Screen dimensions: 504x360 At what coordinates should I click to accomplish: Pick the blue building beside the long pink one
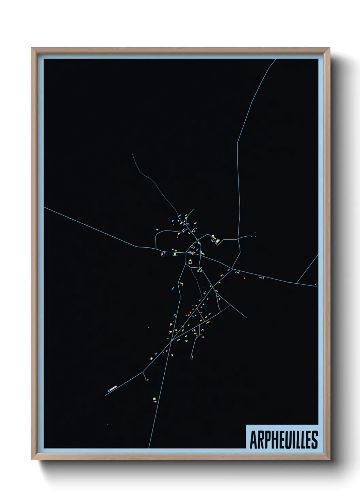click(x=109, y=391)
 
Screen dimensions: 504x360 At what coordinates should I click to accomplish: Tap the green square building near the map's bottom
click(x=154, y=398)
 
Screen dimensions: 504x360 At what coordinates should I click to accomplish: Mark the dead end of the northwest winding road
click(x=132, y=153)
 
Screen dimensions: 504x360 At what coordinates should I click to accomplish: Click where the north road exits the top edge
click(x=276, y=59)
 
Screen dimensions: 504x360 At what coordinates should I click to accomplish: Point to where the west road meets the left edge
click(x=44, y=207)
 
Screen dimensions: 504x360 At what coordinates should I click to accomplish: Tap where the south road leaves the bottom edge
click(x=148, y=448)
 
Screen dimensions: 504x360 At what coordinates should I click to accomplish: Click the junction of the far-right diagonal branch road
click(x=297, y=283)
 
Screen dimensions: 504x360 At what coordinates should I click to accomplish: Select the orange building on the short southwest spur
click(x=147, y=380)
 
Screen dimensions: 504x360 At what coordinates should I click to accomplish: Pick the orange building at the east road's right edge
click(x=315, y=284)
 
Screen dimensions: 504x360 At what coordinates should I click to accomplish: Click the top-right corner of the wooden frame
click(x=329, y=48)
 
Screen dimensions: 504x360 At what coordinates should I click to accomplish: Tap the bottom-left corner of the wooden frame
click(x=32, y=459)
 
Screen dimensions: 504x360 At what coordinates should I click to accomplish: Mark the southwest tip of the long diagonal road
click(x=105, y=395)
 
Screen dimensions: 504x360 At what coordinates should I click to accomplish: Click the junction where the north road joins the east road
click(x=232, y=269)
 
